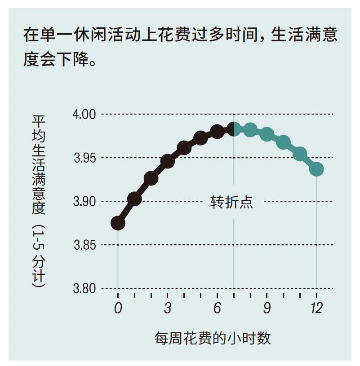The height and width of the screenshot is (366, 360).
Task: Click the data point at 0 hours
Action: point(118,223)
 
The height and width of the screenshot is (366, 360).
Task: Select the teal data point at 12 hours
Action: point(316,169)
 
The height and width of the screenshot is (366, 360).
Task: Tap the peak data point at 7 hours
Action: point(234,129)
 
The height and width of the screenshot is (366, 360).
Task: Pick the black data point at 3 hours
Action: point(168,161)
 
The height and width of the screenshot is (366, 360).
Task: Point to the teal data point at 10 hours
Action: point(283,143)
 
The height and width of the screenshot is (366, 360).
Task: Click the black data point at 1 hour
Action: point(134,198)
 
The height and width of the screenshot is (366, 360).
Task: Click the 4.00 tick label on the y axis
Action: point(84,114)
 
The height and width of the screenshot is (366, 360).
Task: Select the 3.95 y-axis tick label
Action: point(84,158)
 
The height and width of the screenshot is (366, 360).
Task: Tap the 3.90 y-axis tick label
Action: point(84,201)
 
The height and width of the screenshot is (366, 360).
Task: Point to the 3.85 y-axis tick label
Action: point(84,245)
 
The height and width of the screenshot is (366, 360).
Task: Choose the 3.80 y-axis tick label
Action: point(84,288)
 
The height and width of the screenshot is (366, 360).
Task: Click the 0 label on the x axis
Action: point(118,309)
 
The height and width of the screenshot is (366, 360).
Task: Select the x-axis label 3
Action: point(168,309)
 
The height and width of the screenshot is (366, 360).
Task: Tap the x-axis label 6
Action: point(217,309)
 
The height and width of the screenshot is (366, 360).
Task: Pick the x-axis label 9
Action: point(267,309)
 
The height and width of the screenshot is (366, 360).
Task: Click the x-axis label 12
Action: point(316,309)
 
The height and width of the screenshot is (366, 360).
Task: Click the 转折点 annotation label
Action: point(232,202)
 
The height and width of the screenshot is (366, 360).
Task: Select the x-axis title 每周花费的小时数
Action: point(213,338)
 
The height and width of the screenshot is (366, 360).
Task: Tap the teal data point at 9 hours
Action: point(267,134)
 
